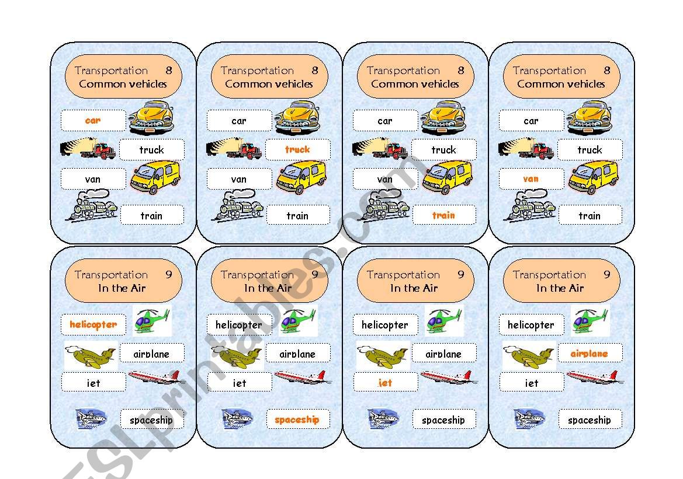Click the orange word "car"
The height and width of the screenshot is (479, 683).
click(x=93, y=121)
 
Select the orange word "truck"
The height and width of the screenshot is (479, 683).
click(x=297, y=149)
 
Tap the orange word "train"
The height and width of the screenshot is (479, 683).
click(x=443, y=215)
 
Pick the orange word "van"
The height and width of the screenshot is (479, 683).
click(x=531, y=179)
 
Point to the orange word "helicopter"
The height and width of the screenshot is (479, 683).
click(x=93, y=324)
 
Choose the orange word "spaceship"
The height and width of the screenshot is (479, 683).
click(x=297, y=419)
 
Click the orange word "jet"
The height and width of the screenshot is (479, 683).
click(x=385, y=383)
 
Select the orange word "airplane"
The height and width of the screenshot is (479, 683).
click(x=589, y=353)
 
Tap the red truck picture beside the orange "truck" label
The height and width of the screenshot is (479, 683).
click(x=234, y=149)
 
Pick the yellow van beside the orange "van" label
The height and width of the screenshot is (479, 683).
click(x=593, y=177)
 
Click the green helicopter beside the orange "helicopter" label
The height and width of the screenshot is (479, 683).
click(x=151, y=321)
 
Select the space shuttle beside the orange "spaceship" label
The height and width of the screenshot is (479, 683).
click(x=237, y=418)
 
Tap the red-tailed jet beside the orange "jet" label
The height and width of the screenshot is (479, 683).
click(x=449, y=377)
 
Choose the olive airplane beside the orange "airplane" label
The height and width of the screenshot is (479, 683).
click(x=528, y=355)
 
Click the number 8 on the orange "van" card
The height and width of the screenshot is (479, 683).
click(x=607, y=70)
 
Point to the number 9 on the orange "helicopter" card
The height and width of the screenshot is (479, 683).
click(x=169, y=274)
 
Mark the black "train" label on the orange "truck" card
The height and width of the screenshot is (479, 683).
click(x=297, y=215)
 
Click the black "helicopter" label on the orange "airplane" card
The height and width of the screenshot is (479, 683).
click(x=531, y=324)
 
